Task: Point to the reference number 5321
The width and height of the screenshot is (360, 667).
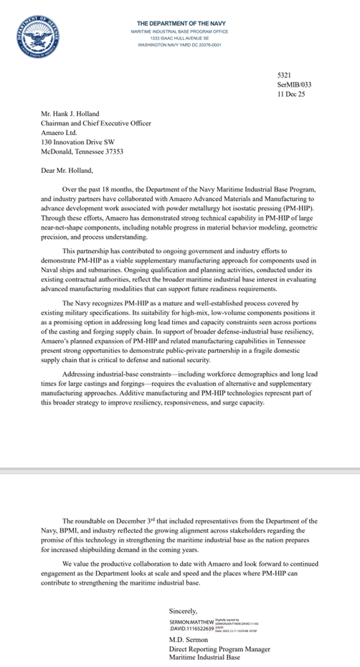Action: pyautogui.click(x=285, y=75)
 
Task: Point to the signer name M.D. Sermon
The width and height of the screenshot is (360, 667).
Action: pyautogui.click(x=189, y=640)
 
